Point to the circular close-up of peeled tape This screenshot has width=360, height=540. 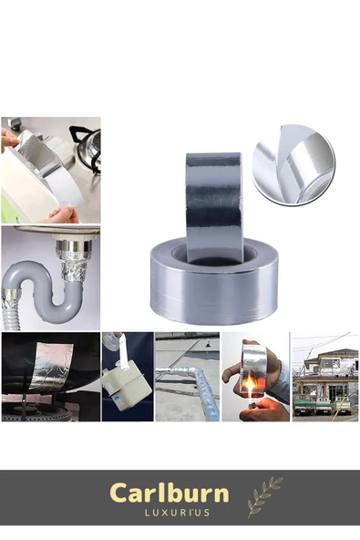coord(293,164)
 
